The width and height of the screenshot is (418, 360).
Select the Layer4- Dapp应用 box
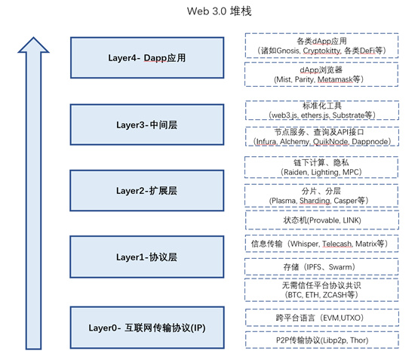tap(148, 57)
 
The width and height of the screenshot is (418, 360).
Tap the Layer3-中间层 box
tap(148, 124)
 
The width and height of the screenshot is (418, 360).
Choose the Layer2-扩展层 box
tap(148, 191)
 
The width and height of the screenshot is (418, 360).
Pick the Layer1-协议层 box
tap(148, 257)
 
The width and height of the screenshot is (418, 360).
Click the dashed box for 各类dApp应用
tap(321, 45)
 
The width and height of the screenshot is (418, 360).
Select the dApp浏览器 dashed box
tap(321, 74)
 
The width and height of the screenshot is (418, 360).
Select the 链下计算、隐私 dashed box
tap(321, 167)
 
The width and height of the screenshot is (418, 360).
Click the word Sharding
tap(318, 200)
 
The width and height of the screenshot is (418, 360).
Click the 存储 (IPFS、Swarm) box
tap(321, 267)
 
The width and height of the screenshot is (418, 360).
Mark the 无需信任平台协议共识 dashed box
tap(321, 291)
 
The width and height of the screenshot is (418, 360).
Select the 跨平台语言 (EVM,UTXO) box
tap(321, 319)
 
